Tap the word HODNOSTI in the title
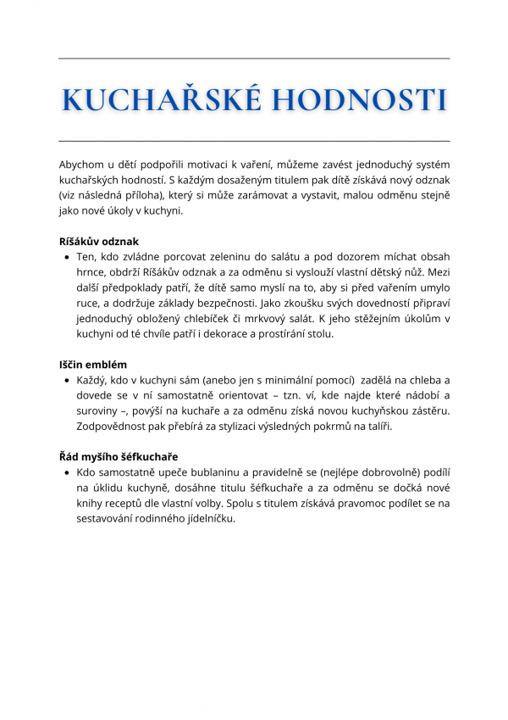tap(359, 100)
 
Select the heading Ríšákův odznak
tap(99, 242)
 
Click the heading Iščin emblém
tap(94, 365)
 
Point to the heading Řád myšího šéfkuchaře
tap(118, 457)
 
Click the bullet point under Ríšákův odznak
tap(66, 258)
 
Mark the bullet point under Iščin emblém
tap(66, 381)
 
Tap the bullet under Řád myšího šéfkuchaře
tap(66, 472)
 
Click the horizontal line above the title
tap(254, 59)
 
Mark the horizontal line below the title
tap(254, 141)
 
